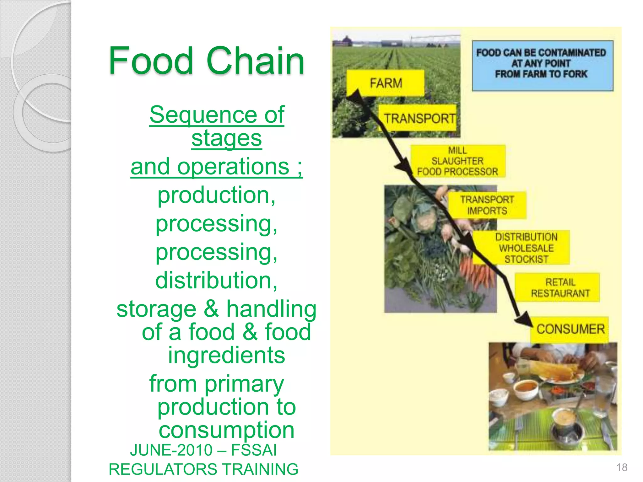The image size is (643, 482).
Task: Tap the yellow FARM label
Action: tap(385, 83)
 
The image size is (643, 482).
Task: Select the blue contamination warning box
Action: tap(542, 66)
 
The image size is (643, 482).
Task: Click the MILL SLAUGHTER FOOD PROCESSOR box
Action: tap(458, 161)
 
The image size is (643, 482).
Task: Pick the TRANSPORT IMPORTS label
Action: tap(487, 205)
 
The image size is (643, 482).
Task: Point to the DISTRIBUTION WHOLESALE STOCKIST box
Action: tap(526, 248)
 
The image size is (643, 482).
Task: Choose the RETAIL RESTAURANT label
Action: tap(560, 287)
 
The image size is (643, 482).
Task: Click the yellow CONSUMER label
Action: tap(570, 329)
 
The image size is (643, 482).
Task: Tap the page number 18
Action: tap(621, 467)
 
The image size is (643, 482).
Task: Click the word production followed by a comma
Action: tap(216, 195)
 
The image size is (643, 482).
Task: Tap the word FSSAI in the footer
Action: tap(254, 450)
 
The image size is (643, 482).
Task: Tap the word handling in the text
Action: tap(271, 309)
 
